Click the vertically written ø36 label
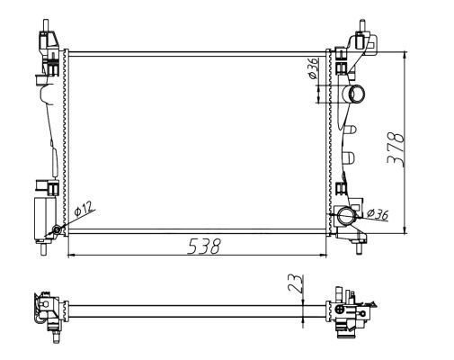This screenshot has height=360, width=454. click(311, 70)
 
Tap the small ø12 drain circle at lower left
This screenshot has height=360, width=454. click(58, 230)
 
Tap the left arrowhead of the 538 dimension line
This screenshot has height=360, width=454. click(72, 255)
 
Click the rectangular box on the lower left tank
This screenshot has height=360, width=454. click(42, 217)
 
